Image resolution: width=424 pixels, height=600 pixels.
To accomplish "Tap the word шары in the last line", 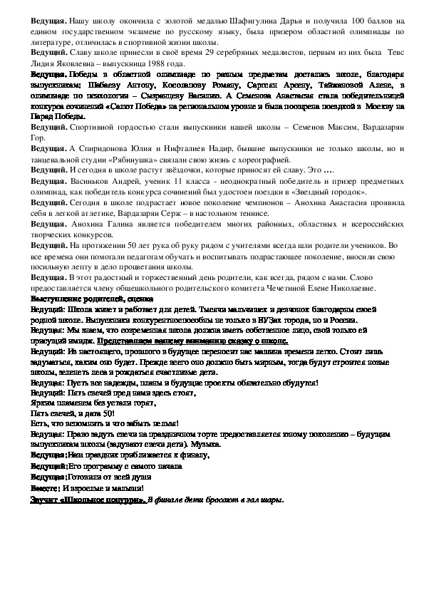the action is coord(273,499).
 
